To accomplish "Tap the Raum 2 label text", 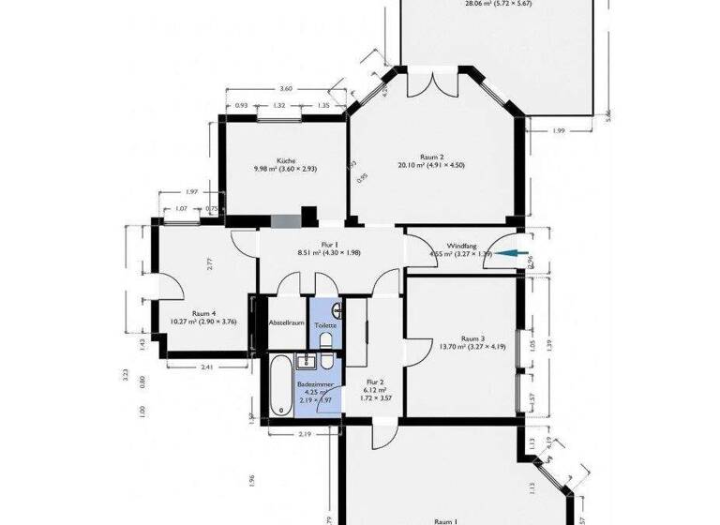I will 431,157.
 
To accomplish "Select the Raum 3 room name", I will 472,338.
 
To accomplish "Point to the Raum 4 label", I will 204,314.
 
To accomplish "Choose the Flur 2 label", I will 374,382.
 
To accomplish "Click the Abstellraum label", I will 287,323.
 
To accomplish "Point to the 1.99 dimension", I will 558,130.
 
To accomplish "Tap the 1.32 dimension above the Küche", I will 279,106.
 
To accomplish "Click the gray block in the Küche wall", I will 285,221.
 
